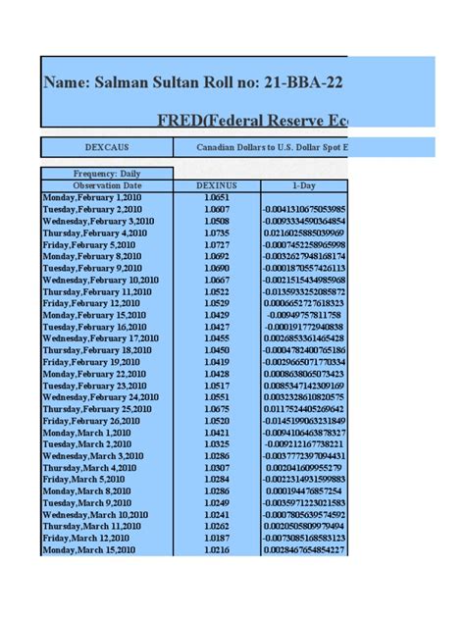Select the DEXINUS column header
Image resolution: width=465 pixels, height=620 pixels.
pyautogui.click(x=217, y=184)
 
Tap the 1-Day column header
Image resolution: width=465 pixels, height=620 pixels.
pyautogui.click(x=303, y=184)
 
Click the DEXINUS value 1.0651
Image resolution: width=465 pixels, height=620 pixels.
pyautogui.click(x=217, y=197)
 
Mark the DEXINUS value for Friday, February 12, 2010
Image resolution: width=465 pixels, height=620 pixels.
pyautogui.click(x=217, y=303)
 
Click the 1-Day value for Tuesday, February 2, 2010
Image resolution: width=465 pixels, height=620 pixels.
pyautogui.click(x=303, y=209)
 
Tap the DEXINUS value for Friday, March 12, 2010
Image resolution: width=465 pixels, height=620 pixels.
pyautogui.click(x=217, y=539)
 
